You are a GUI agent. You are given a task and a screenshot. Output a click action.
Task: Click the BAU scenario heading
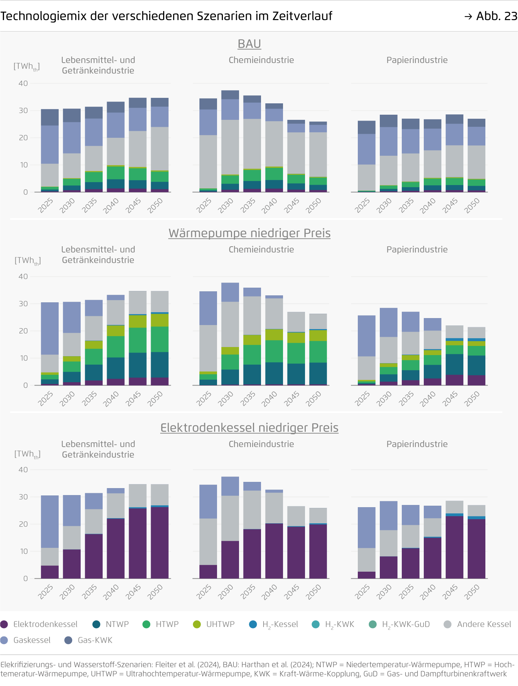[249, 44]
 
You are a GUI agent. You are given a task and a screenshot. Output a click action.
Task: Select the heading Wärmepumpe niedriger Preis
[249, 233]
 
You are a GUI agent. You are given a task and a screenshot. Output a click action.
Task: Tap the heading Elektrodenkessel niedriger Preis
[249, 428]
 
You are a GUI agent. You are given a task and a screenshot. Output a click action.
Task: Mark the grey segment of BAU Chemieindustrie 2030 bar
[230, 147]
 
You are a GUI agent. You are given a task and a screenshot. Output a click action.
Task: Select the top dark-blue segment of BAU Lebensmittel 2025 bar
[50, 117]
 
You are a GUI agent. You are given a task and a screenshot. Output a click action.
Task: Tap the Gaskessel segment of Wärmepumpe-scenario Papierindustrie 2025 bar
[367, 336]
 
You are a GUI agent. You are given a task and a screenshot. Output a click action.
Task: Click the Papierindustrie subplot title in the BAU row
[417, 60]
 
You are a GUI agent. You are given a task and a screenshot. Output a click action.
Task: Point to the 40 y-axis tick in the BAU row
[23, 84]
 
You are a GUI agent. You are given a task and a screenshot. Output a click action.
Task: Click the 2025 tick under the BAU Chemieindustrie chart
[204, 206]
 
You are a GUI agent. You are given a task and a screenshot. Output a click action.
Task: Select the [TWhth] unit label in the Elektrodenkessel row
[27, 454]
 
